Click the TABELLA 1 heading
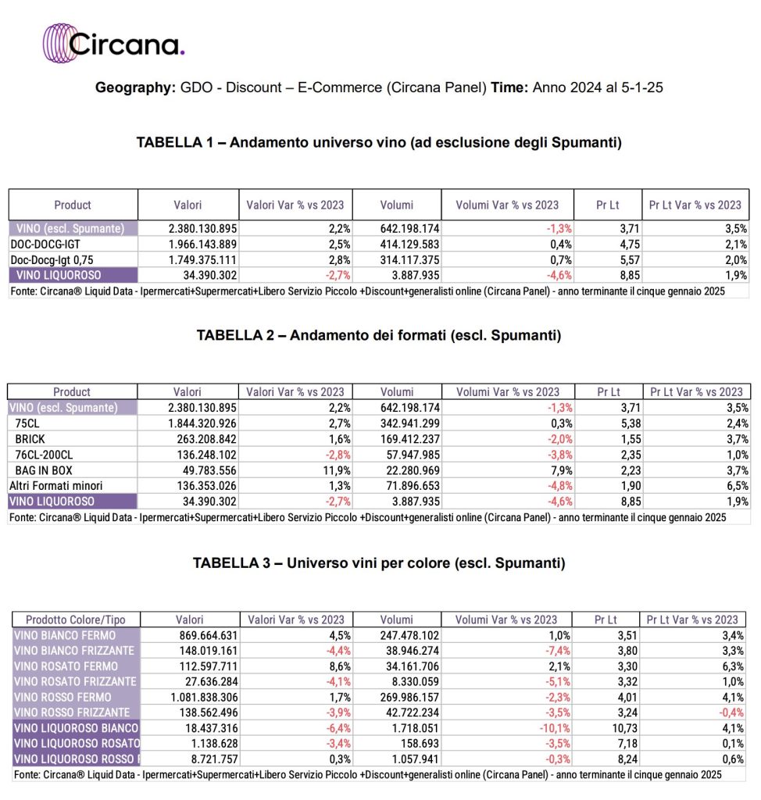(x=379, y=142)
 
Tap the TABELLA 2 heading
(x=379, y=336)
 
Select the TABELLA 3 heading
(x=379, y=562)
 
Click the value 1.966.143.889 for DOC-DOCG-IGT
(x=202, y=245)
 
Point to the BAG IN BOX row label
(x=42, y=470)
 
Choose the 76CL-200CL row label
(x=45, y=455)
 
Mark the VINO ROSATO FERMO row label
(x=66, y=666)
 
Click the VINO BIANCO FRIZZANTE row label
(x=74, y=651)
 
